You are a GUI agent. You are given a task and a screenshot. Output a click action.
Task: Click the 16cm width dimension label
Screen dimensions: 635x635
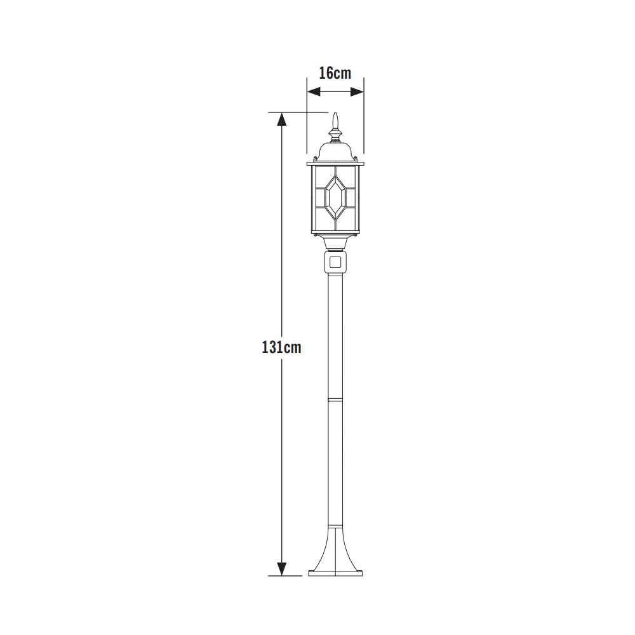(x=335, y=73)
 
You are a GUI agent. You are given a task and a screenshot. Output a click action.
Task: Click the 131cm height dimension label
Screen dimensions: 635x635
(x=281, y=347)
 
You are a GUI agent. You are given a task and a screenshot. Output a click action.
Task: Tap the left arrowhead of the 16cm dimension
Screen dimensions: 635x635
(x=314, y=92)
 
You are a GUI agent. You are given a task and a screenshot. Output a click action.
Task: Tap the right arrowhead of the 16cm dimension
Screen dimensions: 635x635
(x=357, y=92)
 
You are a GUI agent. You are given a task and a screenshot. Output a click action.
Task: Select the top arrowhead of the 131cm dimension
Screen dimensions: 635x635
(x=282, y=119)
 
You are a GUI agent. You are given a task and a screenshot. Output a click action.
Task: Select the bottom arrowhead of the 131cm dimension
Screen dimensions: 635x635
(x=282, y=568)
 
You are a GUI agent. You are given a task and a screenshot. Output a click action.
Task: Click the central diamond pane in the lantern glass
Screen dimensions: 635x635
(x=335, y=197)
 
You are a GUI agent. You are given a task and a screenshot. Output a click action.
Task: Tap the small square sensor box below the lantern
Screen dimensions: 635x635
(x=335, y=262)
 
